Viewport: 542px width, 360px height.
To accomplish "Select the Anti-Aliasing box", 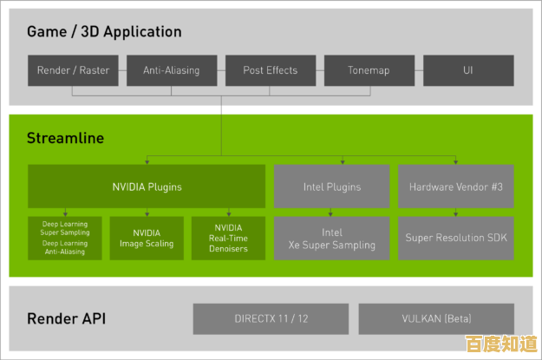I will pos(171,70).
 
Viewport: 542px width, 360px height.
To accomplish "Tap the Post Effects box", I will pos(270,70).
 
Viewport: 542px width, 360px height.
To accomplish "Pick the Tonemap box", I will pos(369,70).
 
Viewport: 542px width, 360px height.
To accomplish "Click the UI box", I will pos(468,70).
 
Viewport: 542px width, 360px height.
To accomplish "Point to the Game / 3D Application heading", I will pos(104,32).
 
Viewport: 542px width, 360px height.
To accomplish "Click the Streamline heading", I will pos(65,138).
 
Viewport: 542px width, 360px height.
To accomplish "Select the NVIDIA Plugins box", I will pos(147,186).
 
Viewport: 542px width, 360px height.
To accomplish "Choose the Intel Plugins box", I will pos(332,186).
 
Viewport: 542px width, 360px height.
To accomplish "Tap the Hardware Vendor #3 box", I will pos(456,186).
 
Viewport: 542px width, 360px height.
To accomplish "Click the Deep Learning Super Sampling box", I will pos(65,238).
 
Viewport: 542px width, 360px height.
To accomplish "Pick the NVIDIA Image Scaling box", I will pos(147,238).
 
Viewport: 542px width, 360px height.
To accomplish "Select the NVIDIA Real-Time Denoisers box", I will pos(228,238).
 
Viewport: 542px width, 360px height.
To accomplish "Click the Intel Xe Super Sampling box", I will pos(332,238).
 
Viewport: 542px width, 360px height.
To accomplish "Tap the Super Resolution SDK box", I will pos(456,238).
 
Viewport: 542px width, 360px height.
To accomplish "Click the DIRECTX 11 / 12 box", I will pos(270,318).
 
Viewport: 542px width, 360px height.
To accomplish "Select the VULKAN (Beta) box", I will pos(435,318).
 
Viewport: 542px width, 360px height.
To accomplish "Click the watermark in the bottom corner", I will pos(500,344).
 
